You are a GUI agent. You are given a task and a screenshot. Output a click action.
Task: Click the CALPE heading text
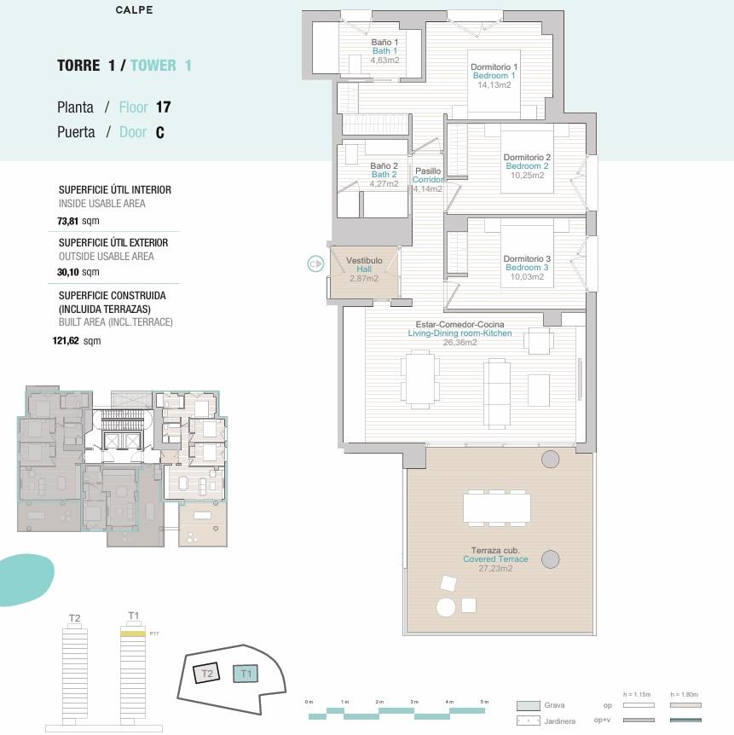tap(134, 11)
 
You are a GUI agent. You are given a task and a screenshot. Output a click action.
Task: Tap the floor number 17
tap(163, 107)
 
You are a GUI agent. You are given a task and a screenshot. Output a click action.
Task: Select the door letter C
tap(159, 133)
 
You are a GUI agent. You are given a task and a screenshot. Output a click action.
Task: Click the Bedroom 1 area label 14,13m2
tap(494, 84)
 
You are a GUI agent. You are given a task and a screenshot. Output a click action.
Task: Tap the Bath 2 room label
tap(384, 175)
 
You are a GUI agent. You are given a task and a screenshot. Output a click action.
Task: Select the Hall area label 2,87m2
tap(364, 278)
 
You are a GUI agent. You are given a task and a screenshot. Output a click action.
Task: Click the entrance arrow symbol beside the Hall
tap(315, 264)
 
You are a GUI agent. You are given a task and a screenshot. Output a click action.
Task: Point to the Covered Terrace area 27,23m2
tap(494, 568)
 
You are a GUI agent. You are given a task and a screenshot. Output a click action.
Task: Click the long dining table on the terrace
tap(497, 509)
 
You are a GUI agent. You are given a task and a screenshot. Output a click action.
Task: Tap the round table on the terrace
tap(446, 607)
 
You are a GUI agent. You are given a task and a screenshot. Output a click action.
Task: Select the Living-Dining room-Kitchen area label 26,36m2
tap(459, 343)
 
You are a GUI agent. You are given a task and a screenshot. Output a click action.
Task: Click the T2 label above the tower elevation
tap(74, 618)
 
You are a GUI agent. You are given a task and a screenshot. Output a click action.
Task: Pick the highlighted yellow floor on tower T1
tap(133, 634)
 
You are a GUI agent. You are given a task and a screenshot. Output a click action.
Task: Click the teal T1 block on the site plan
tap(246, 674)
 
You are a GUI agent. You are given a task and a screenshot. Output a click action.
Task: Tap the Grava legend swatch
tap(528, 706)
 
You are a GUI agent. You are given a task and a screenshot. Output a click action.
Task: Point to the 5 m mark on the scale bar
tap(485, 702)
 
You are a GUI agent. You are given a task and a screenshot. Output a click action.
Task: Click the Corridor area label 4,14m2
tap(427, 188)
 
